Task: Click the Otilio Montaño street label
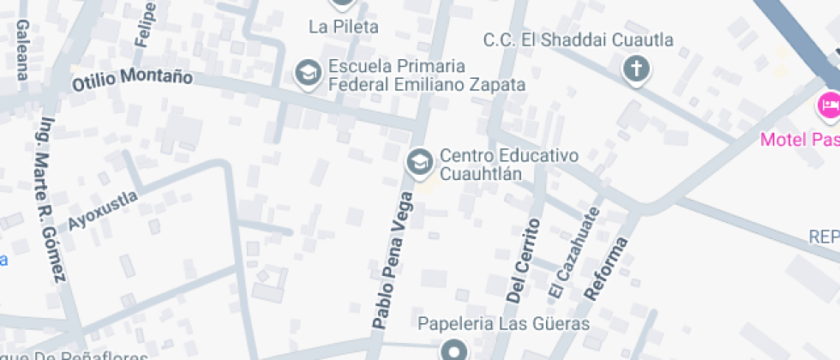click(132, 80)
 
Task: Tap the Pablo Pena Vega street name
click(393, 261)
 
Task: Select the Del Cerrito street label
click(524, 261)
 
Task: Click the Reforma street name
click(606, 268)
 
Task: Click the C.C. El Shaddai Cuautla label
click(578, 40)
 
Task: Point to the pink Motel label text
click(800, 139)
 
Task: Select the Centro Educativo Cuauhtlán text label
click(509, 165)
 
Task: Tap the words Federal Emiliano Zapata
click(427, 85)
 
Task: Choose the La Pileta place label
click(343, 27)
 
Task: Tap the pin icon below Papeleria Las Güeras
click(453, 350)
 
